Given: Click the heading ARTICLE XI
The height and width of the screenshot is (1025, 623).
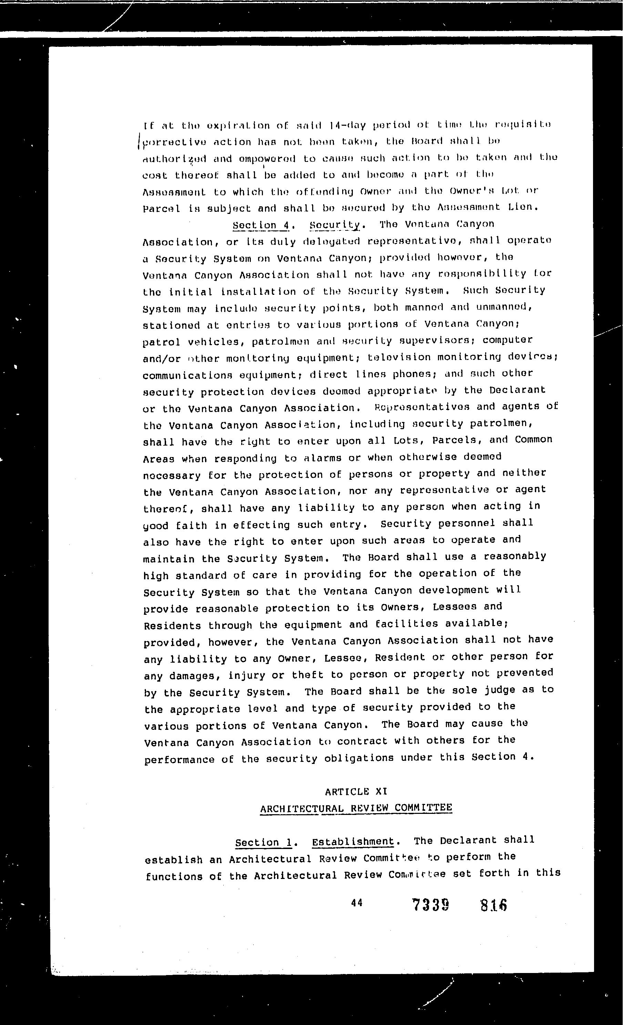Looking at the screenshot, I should click(x=356, y=791).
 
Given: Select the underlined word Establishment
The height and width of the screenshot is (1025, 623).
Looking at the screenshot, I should click(x=353, y=841).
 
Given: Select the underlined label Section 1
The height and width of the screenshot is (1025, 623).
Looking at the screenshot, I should click(x=264, y=842).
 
